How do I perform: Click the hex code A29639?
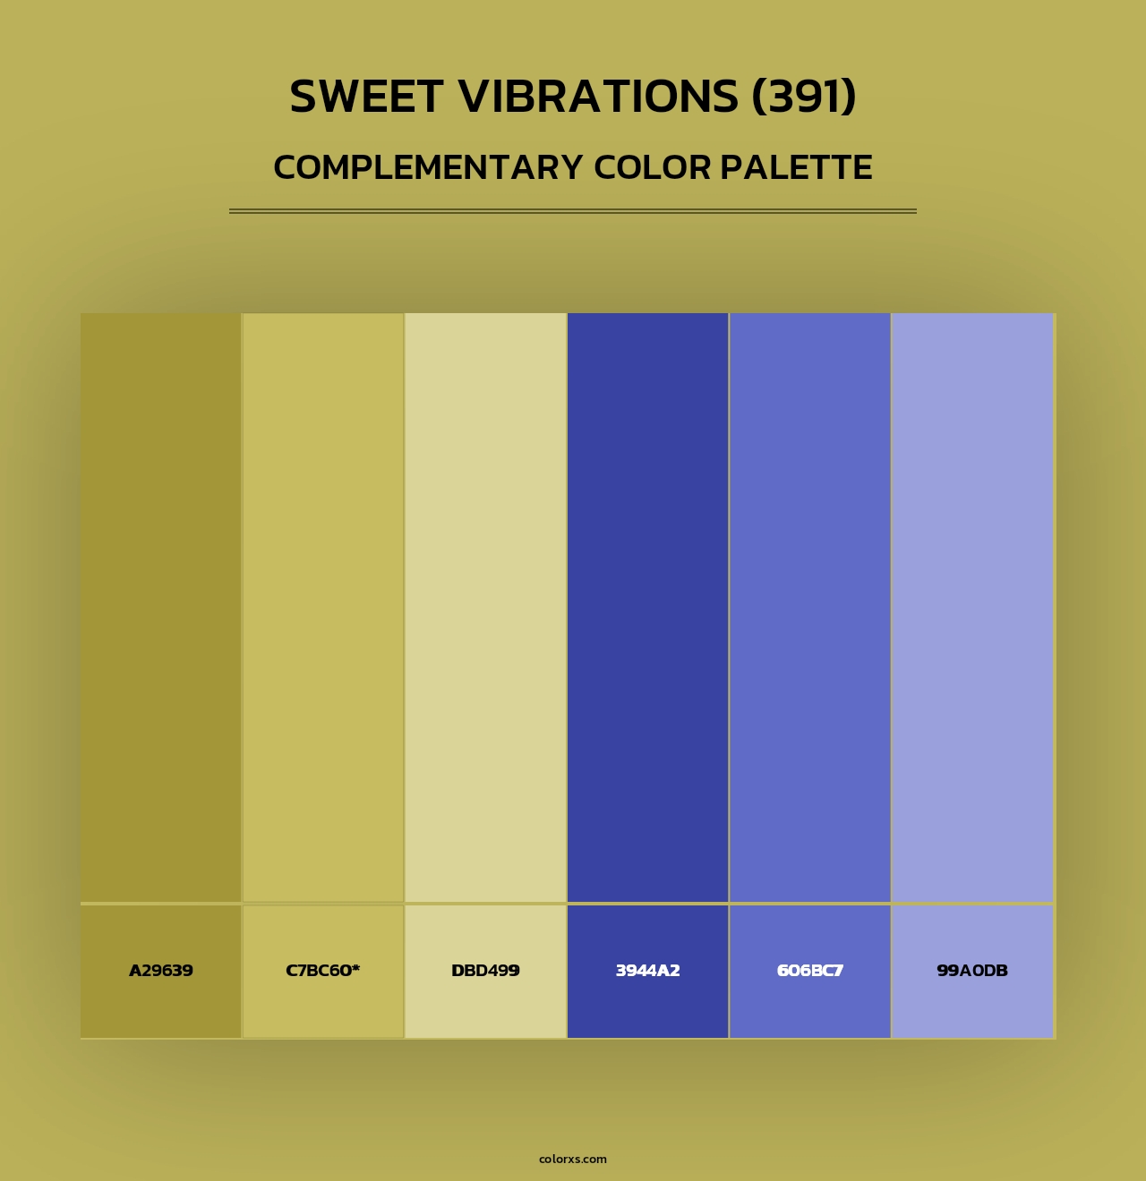click(x=161, y=971)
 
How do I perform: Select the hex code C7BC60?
click(x=319, y=971)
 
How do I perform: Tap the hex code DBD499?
click(x=485, y=971)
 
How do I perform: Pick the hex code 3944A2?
click(x=647, y=971)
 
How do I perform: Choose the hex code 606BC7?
click(x=810, y=971)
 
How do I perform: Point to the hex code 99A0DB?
click(x=972, y=971)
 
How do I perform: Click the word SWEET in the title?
click(x=366, y=97)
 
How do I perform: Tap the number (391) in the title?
click(x=804, y=97)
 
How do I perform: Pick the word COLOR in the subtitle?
click(x=652, y=167)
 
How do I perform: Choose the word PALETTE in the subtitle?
click(x=796, y=167)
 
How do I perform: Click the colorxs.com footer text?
click(x=573, y=1159)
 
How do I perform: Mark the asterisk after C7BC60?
click(x=355, y=968)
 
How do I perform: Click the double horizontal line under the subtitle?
click(x=573, y=211)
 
